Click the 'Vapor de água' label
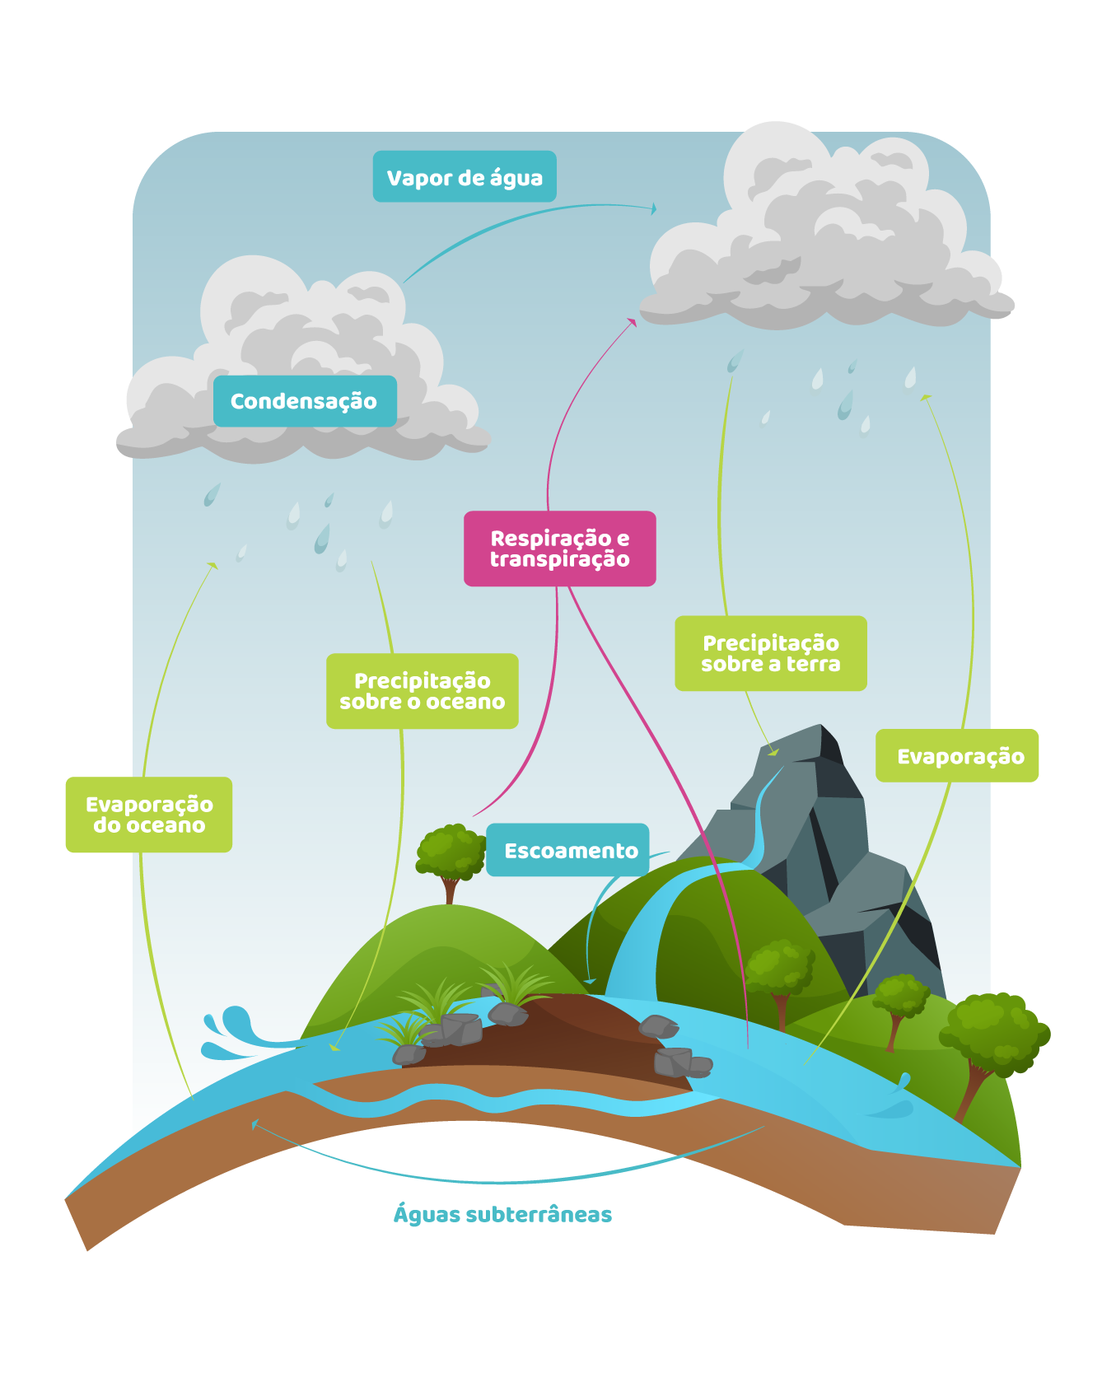[x=465, y=176]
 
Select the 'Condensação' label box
[x=305, y=401]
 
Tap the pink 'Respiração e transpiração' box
[x=559, y=549]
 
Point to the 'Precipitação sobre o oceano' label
[x=422, y=691]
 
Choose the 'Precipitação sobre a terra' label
[x=770, y=653]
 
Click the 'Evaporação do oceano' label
[x=149, y=815]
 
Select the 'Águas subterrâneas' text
[x=502, y=1214]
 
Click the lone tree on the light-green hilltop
[x=450, y=857]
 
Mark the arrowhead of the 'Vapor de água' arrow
[x=654, y=208]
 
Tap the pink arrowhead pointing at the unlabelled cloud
[x=633, y=322]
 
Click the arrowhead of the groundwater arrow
[x=255, y=1123]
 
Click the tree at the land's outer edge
[x=992, y=1038]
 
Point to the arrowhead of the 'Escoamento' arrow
[x=590, y=981]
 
